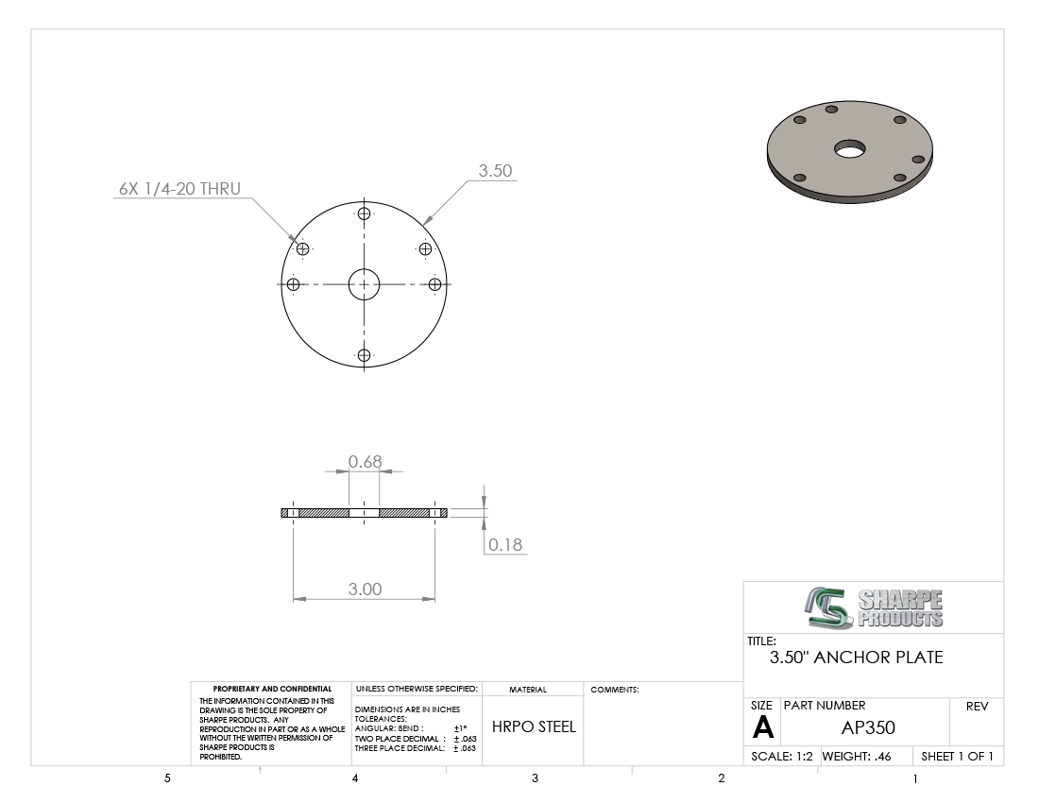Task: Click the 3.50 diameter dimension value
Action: tap(495, 170)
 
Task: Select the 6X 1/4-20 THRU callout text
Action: tap(179, 189)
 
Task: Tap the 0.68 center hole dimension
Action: tap(366, 461)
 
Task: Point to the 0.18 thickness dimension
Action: tap(505, 544)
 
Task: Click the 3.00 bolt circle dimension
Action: tap(366, 589)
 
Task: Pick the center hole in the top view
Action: tap(364, 284)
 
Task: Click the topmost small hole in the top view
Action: tap(364, 214)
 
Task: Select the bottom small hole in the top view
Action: tap(364, 355)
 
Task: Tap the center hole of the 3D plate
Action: tap(849, 149)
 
